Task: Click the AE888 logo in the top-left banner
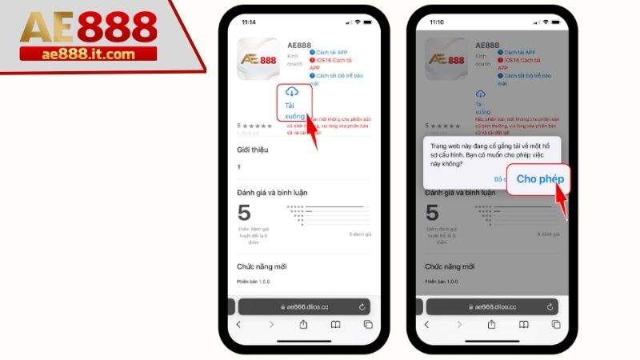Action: [88, 27]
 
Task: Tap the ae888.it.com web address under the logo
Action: [88, 54]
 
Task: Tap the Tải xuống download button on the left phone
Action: [293, 103]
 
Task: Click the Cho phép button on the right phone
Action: [539, 179]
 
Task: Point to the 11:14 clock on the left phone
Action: [249, 22]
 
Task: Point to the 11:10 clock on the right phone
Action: [436, 22]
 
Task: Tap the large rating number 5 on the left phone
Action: [245, 213]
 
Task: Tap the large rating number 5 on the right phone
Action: [432, 213]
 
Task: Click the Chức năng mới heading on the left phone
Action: [261, 266]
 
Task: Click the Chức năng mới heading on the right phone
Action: [449, 266]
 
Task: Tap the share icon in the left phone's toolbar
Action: [303, 325]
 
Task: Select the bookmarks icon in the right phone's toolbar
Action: [523, 325]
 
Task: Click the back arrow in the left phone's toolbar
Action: [238, 325]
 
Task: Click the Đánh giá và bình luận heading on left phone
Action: [272, 192]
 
